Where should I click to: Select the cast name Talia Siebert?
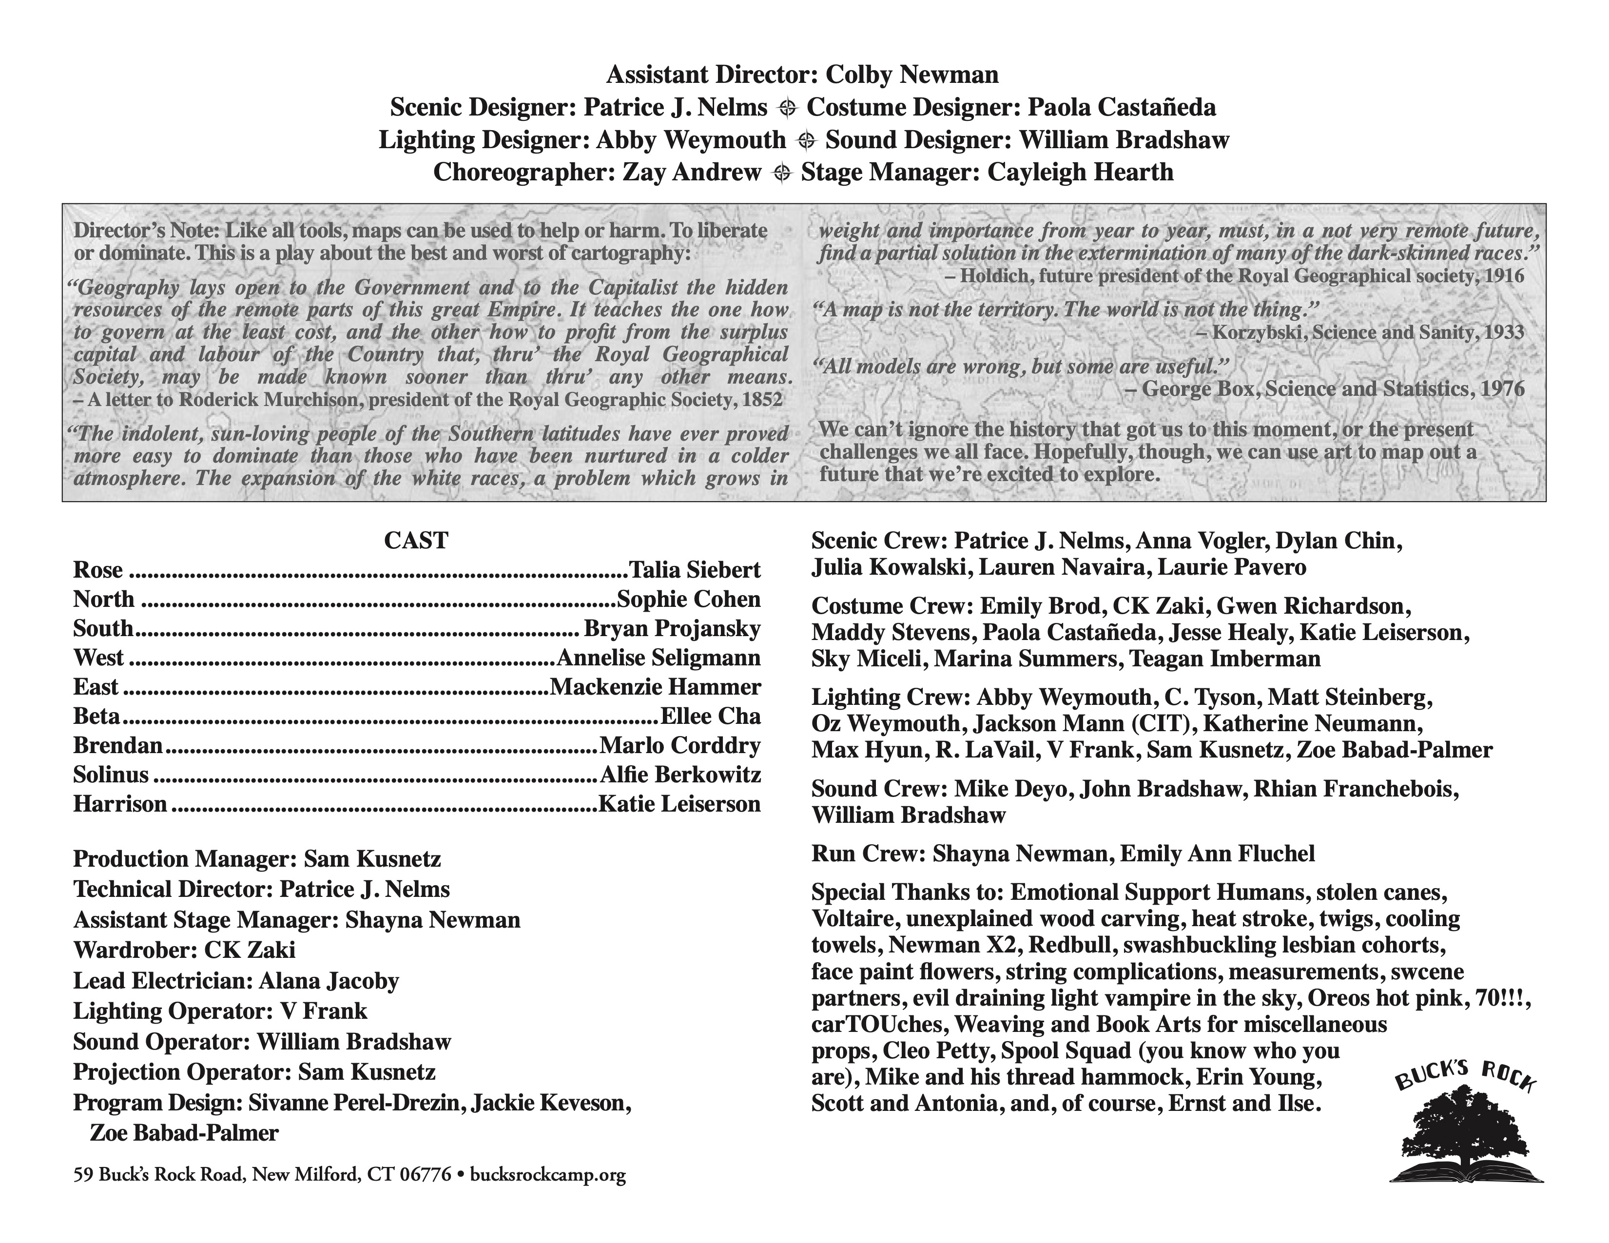694,570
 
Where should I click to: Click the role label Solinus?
111,775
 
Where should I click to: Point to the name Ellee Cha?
710,716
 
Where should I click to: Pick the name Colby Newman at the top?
912,75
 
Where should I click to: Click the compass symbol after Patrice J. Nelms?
788,108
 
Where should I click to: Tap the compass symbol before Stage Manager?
782,173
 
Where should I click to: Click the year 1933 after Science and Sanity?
1501,333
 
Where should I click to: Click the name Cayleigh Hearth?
1080,173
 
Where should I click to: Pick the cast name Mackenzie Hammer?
656,687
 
